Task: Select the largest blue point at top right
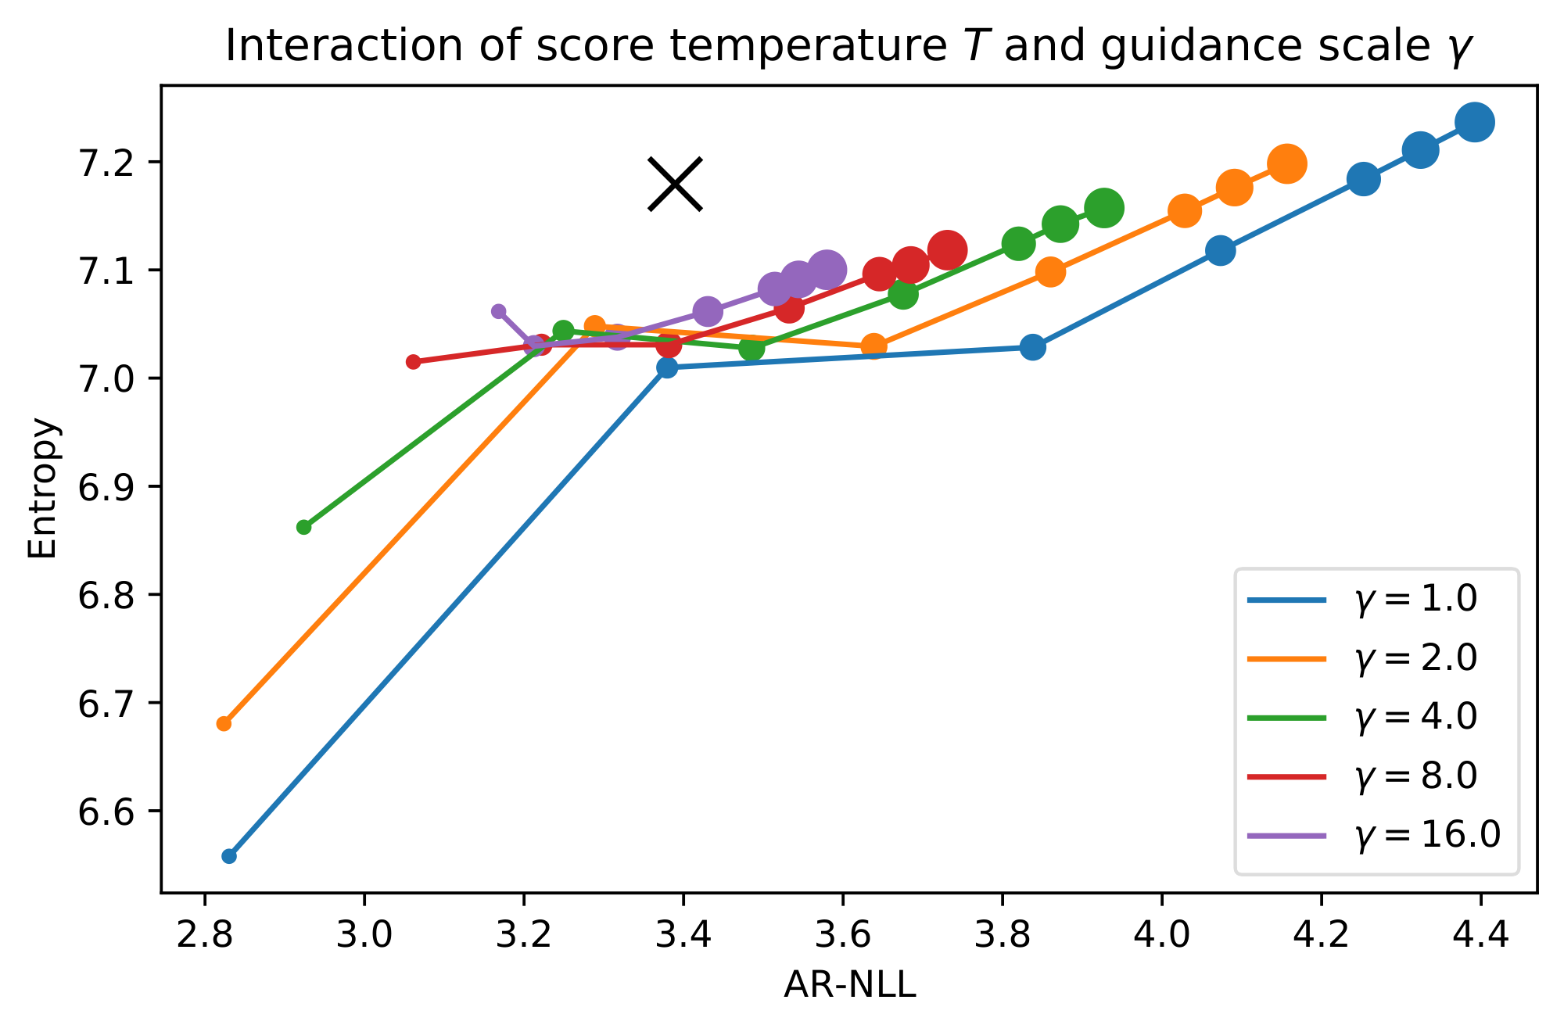1475,122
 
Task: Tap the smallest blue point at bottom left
229,856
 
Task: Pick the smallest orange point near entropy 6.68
224,723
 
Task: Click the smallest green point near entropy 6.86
304,527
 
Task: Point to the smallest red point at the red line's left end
414,361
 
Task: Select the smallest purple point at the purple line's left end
499,311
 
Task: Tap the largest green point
1104,208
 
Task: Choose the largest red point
947,250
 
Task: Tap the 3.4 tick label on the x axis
683,936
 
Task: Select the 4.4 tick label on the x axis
1480,936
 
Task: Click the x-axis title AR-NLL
849,987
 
